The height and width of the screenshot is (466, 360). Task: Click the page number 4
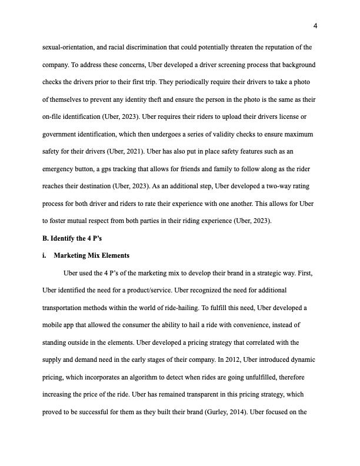click(315, 26)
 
